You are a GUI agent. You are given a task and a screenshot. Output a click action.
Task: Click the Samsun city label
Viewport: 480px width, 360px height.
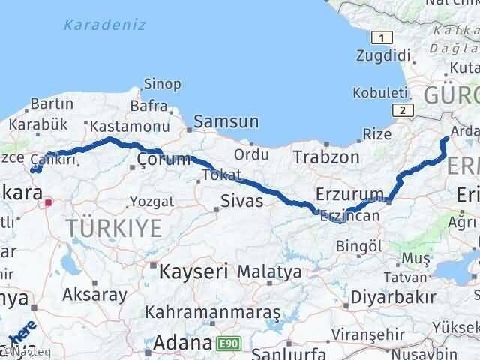[x=226, y=121]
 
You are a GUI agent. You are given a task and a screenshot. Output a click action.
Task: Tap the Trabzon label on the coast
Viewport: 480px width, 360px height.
[x=326, y=157]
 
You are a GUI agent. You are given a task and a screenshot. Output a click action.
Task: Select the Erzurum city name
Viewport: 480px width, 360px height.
[x=350, y=194]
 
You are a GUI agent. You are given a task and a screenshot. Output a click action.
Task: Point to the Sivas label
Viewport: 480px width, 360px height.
[x=242, y=201]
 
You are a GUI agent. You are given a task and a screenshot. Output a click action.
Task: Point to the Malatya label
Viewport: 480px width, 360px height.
[x=273, y=271]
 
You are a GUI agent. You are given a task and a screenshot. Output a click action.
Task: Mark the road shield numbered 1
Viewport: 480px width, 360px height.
[x=383, y=38]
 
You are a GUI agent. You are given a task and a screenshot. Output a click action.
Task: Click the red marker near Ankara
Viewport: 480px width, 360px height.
[x=49, y=202]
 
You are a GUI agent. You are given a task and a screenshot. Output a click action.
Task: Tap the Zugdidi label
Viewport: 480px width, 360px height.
[x=384, y=56]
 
